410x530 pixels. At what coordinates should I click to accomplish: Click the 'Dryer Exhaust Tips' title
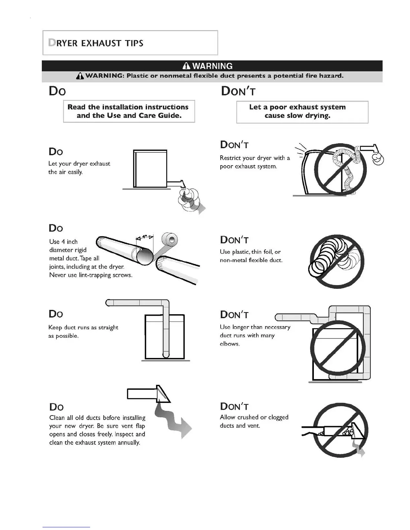pos(96,43)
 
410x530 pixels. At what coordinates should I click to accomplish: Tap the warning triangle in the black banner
pos(187,66)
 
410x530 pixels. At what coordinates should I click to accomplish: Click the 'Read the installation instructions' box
pos(129,111)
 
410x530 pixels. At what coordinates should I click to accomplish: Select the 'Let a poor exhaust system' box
pos(302,112)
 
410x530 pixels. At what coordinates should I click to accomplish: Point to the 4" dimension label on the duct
pos(145,237)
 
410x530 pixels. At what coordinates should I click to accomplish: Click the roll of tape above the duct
pos(170,240)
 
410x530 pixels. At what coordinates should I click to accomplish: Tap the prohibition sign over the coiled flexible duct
pos(336,261)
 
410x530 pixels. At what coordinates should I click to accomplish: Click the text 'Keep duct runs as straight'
pos(83,327)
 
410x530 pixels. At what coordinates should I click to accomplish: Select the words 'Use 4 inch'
pos(63,242)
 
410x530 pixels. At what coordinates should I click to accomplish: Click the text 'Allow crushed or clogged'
pos(254,417)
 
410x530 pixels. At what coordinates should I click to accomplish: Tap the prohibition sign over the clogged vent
pos(340,430)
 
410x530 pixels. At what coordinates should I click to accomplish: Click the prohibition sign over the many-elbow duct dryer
pos(337,348)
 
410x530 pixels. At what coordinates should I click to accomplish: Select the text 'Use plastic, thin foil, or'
pos(250,252)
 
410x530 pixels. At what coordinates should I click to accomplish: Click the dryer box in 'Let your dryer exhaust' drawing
pos(150,169)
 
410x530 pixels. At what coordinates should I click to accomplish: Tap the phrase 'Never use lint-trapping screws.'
pos(91,275)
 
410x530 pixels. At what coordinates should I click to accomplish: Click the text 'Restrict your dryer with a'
pos(255,158)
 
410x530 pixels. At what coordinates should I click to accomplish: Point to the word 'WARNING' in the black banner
pos(212,66)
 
